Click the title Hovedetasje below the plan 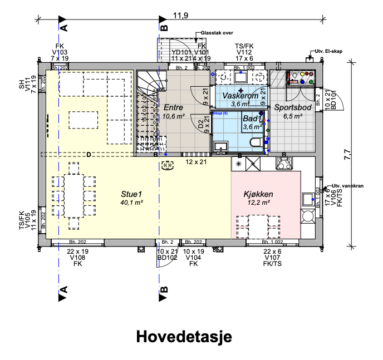coord(183,337)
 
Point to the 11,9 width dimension coord(179,16)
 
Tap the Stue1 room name coord(132,194)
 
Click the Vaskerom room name coord(240,96)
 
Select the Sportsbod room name coord(292,107)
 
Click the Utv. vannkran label coord(348,186)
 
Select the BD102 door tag coord(167,258)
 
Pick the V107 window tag coord(272,258)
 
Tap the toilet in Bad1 coord(257,144)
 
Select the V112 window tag coord(244,52)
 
